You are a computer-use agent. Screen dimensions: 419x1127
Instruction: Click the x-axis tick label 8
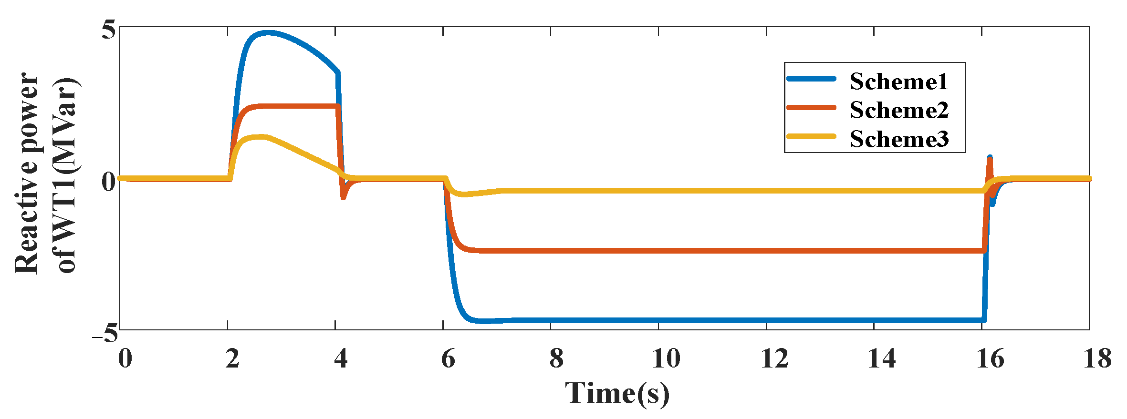[x=556, y=358]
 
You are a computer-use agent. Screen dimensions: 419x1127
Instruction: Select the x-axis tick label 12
[x=774, y=358]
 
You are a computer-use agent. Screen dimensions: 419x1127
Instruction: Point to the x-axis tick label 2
[x=232, y=358]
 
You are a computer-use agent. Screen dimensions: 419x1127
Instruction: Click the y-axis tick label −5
[x=105, y=332]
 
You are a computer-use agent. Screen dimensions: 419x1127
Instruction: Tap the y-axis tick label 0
[x=109, y=182]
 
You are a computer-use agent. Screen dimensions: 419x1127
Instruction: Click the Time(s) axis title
[x=617, y=394]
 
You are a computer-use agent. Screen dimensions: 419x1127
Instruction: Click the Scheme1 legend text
[x=898, y=82]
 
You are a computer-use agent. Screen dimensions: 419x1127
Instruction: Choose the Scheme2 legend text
[x=899, y=110]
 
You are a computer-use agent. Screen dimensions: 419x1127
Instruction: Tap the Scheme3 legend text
[x=899, y=139]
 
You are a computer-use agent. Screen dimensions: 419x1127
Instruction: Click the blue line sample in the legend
[x=811, y=79]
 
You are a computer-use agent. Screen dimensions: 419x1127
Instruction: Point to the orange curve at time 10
[x=658, y=250]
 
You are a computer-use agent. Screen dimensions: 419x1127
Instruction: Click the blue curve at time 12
[x=766, y=320]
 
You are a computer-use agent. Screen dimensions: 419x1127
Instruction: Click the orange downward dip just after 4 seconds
[x=343, y=196]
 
